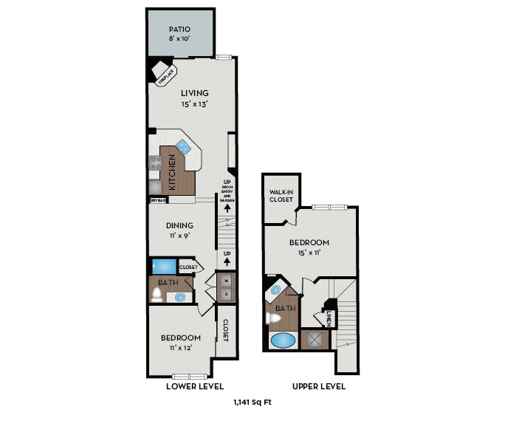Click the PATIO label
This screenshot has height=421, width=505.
pos(179,30)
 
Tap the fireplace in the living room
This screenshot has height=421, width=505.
pos(162,72)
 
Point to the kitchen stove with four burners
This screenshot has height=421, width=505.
pos(155,163)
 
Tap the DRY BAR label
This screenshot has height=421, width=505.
pos(157,199)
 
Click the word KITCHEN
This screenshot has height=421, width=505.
pos(172,173)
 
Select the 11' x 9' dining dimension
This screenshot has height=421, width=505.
pos(179,237)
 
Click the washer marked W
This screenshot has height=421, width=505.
pos(227,281)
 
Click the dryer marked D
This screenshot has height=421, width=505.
pos(227,294)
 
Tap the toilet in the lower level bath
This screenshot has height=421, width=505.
pos(157,295)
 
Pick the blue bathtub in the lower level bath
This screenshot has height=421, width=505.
pos(163,266)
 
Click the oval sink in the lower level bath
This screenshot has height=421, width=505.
pos(179,297)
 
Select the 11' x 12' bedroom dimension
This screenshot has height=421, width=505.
pos(180,349)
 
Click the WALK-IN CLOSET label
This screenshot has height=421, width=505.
pos(281,196)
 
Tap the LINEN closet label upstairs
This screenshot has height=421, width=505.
pos(328,318)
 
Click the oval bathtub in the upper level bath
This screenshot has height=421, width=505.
pos(281,340)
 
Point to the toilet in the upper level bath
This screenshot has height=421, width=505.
pos(273,319)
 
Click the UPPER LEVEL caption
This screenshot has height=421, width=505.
pos(318,386)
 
